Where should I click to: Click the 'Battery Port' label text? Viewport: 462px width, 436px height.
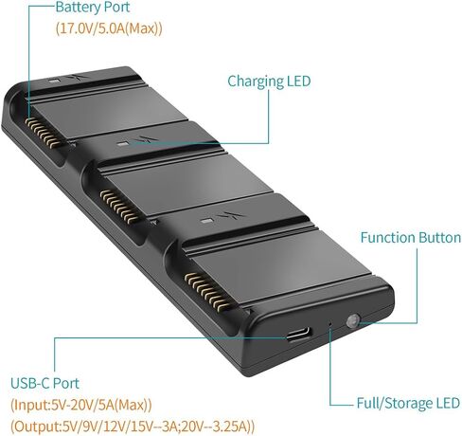tap(93, 7)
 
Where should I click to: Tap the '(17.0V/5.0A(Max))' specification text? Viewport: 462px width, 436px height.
tap(109, 28)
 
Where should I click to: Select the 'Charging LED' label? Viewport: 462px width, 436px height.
tap(269, 82)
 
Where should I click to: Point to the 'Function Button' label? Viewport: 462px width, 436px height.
tap(411, 238)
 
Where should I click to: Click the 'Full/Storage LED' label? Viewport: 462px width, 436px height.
tap(408, 403)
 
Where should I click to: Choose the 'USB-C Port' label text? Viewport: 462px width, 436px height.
tap(44, 383)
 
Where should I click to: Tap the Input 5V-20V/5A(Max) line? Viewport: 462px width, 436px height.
tap(81, 405)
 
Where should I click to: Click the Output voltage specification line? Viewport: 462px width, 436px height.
tap(133, 427)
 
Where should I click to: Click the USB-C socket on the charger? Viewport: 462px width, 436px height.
tap(298, 335)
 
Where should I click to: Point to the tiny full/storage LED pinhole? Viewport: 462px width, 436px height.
tap(330, 324)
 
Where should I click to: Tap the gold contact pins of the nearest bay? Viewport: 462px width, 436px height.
tap(207, 291)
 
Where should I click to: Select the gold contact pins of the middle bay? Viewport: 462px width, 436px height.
tap(120, 207)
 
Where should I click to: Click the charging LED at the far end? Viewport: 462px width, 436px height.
tap(54, 80)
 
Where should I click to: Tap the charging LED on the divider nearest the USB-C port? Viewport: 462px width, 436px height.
tap(206, 221)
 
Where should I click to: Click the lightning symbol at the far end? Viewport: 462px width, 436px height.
tap(75, 77)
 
